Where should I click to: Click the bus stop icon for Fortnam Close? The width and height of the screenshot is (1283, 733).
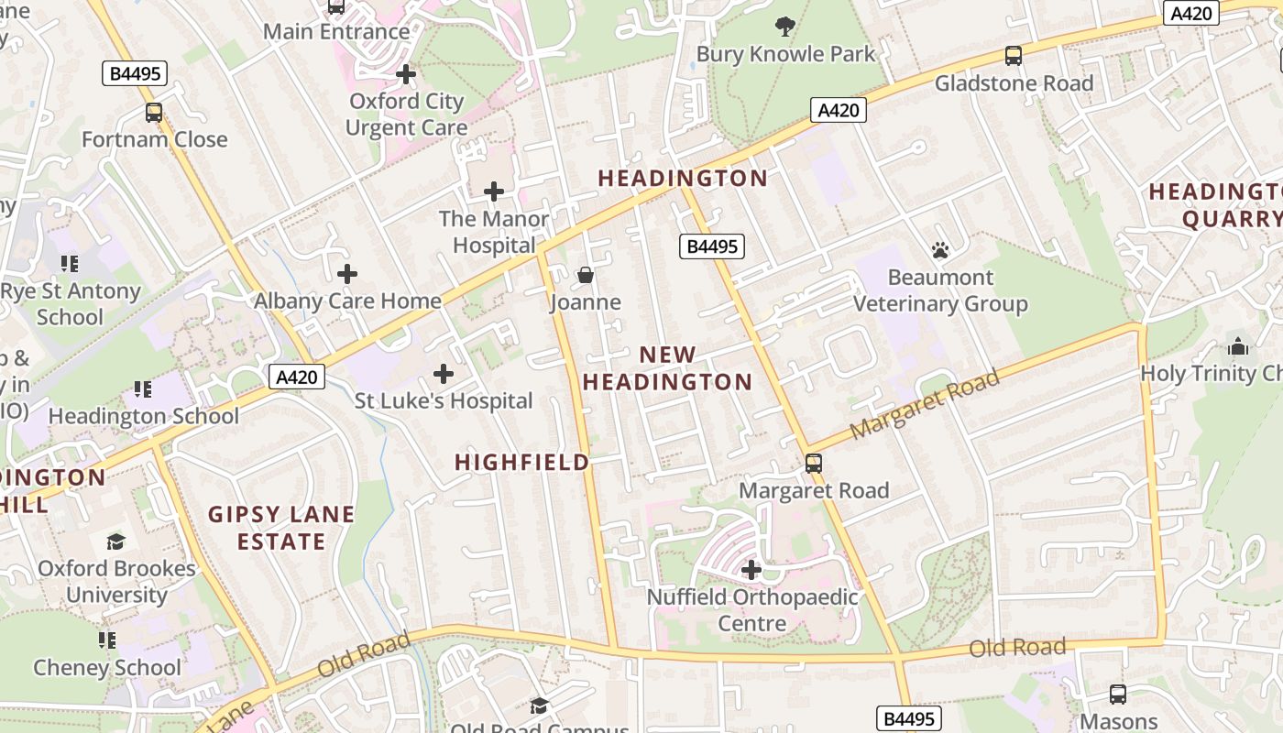pyautogui.click(x=154, y=113)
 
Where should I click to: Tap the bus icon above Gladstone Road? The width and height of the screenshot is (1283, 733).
pyautogui.click(x=1013, y=56)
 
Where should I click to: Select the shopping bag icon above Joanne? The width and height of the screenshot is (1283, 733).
pyautogui.click(x=586, y=275)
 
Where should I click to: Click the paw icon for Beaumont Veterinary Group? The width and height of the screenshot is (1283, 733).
pyautogui.click(x=939, y=250)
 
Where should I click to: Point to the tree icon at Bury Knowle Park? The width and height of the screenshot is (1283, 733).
pyautogui.click(x=785, y=26)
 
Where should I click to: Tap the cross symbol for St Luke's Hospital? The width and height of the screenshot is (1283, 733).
pyautogui.click(x=444, y=374)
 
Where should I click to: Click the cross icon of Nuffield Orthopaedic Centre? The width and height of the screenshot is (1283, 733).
pyautogui.click(x=751, y=570)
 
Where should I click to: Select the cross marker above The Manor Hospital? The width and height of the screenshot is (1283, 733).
pyautogui.click(x=494, y=191)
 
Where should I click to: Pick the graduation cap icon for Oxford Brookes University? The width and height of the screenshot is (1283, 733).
pyautogui.click(x=115, y=542)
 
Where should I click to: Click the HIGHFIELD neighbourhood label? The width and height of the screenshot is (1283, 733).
pyautogui.click(x=522, y=462)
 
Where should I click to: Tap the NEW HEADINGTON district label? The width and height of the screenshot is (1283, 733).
pyautogui.click(x=667, y=368)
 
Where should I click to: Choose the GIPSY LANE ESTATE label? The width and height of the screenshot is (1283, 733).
pyautogui.click(x=281, y=528)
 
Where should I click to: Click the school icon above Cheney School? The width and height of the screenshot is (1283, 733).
pyautogui.click(x=107, y=640)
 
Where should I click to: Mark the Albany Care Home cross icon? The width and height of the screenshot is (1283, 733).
pyautogui.click(x=347, y=274)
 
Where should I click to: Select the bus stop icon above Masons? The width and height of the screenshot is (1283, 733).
pyautogui.click(x=1118, y=694)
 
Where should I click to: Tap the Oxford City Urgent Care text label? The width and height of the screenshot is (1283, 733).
pyautogui.click(x=406, y=115)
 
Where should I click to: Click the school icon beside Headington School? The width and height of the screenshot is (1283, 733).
pyautogui.click(x=143, y=389)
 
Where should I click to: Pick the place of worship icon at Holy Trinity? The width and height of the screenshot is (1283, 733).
pyautogui.click(x=1238, y=346)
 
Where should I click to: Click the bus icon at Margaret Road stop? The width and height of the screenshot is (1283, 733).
pyautogui.click(x=814, y=464)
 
